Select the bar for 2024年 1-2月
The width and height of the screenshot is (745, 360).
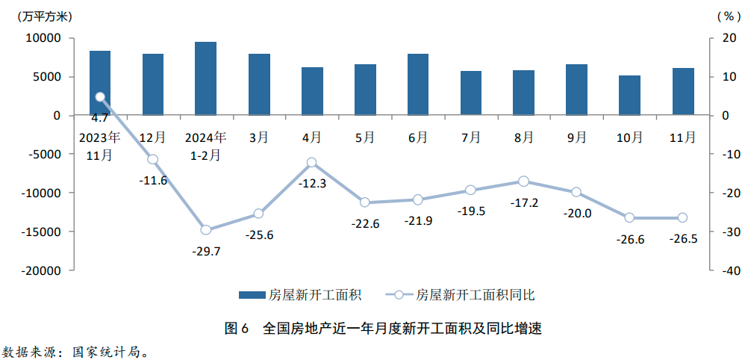click(206, 78)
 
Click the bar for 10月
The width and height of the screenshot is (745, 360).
click(629, 96)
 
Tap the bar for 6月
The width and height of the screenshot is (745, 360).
click(418, 84)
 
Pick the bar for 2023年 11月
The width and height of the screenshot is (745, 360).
click(100, 83)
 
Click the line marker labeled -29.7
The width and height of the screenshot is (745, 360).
click(206, 230)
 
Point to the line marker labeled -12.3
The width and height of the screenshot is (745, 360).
click(312, 163)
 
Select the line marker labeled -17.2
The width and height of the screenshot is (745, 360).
click(523, 181)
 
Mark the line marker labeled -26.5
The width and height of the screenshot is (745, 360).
click(682, 218)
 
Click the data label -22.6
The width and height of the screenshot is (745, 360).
click(365, 224)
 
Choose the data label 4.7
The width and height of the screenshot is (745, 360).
click(99, 118)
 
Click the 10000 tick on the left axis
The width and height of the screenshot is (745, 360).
click(46, 38)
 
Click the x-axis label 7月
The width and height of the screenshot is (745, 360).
click(471, 137)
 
